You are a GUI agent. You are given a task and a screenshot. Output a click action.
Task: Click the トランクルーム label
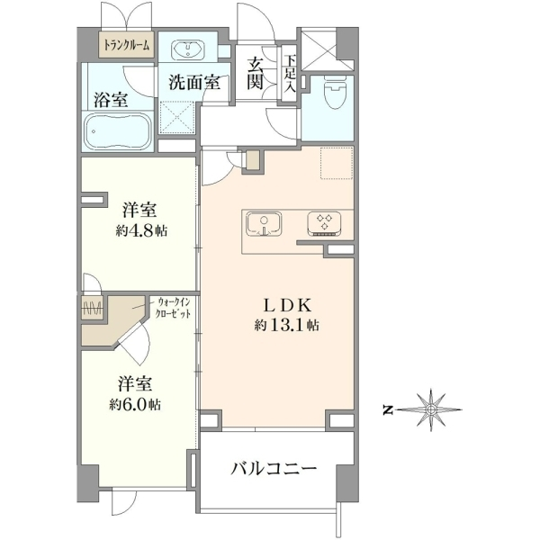click(x=127, y=45)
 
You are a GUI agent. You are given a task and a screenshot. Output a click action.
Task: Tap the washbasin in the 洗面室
click(x=188, y=49)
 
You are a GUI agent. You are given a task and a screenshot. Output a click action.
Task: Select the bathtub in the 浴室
click(x=119, y=132)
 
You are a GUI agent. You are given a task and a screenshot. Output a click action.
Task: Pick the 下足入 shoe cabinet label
click(x=290, y=73)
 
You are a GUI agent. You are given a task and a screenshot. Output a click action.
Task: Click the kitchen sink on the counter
click(x=264, y=224)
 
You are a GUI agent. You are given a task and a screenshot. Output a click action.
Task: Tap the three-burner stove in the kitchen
click(x=324, y=224)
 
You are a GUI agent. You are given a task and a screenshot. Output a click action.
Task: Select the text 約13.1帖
click(x=286, y=325)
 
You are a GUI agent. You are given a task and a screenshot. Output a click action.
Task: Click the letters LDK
click(x=288, y=305)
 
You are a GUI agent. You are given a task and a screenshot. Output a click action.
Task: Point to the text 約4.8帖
click(x=141, y=230)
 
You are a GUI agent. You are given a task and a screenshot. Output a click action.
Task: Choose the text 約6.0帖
click(x=135, y=405)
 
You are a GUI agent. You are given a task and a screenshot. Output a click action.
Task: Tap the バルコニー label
click(x=274, y=468)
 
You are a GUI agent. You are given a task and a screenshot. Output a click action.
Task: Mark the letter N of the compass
click(x=388, y=409)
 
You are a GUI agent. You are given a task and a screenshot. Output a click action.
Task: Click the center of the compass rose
click(x=430, y=409)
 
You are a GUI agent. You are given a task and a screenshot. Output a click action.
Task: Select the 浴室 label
click(x=112, y=99)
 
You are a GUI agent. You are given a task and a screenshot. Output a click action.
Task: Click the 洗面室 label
click(x=194, y=82)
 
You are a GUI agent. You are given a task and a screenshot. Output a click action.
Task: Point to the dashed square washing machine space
click(x=177, y=117)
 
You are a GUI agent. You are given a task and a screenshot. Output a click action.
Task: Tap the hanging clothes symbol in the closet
click(x=92, y=307)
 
